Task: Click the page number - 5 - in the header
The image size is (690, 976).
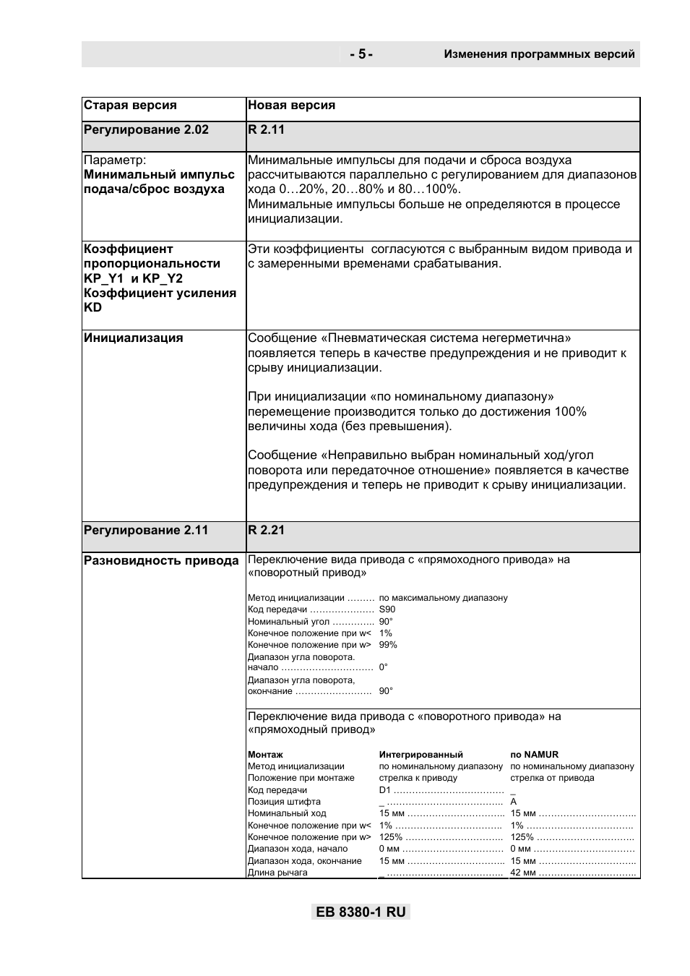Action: pyautogui.click(x=361, y=54)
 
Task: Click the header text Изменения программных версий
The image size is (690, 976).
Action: pyautogui.click(x=539, y=54)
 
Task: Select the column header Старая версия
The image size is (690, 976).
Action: pyautogui.click(x=130, y=106)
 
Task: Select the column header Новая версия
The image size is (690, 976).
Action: pyautogui.click(x=291, y=106)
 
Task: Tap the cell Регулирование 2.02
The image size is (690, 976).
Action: pyautogui.click(x=146, y=130)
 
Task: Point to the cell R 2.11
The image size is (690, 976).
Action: pyautogui.click(x=267, y=130)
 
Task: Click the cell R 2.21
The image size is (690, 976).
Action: pyautogui.click(x=267, y=530)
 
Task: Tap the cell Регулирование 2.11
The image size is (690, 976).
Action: pyautogui.click(x=146, y=530)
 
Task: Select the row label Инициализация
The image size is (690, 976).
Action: pyautogui.click(x=134, y=338)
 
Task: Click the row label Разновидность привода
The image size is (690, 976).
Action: pyautogui.click(x=161, y=560)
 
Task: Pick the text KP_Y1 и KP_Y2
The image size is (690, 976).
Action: pyautogui.click(x=133, y=278)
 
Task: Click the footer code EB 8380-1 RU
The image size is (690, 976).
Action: pyautogui.click(x=361, y=912)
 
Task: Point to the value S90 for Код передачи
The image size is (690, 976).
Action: pyautogui.click(x=387, y=609)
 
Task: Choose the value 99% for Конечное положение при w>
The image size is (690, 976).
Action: pyautogui.click(x=388, y=645)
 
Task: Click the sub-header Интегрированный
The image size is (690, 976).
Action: pyautogui.click(x=421, y=754)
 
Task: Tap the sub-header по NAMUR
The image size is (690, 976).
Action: pyautogui.click(x=534, y=754)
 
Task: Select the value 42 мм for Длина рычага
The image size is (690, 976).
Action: pyautogui.click(x=522, y=873)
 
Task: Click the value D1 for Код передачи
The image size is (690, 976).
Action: pyautogui.click(x=384, y=790)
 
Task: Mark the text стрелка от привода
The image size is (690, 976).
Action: pyautogui.click(x=552, y=778)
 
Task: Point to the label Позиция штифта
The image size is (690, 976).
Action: pyautogui.click(x=284, y=802)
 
